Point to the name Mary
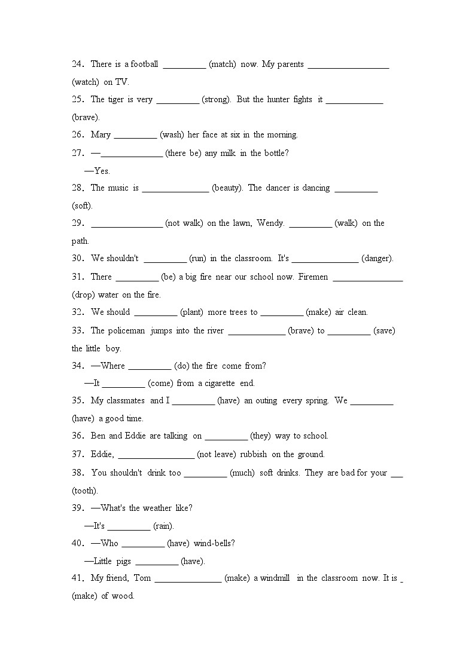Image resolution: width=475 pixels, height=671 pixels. tap(101, 134)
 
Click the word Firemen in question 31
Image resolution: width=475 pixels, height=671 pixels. tap(313, 277)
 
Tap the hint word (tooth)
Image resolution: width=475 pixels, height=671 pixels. tap(84, 491)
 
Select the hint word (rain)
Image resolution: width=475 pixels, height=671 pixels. tap(163, 526)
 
